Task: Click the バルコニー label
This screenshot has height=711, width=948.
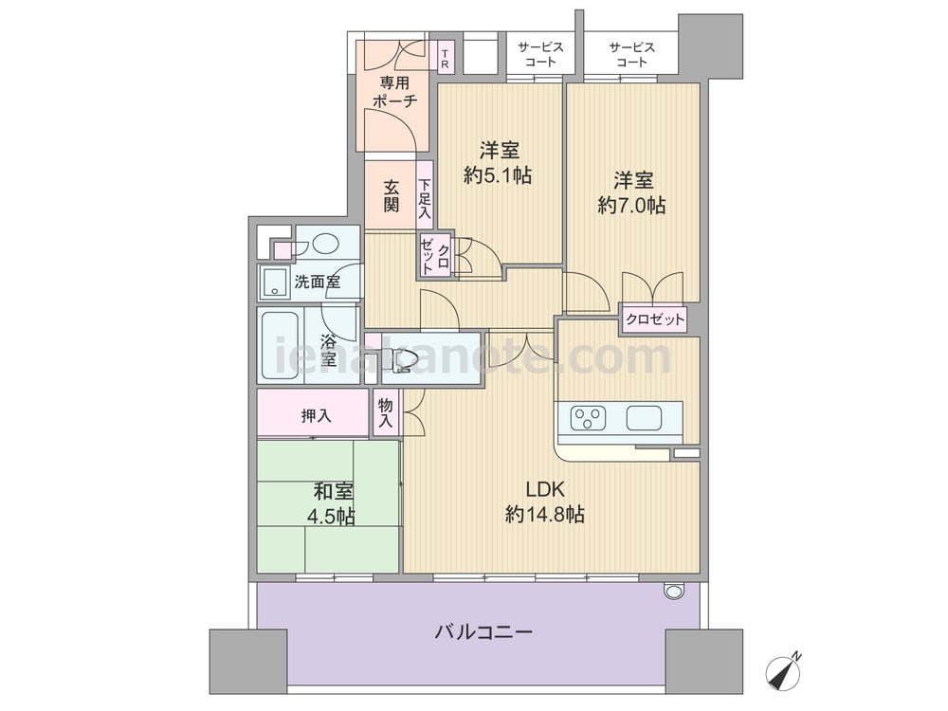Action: point(483,632)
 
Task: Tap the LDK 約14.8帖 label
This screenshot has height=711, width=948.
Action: point(545,501)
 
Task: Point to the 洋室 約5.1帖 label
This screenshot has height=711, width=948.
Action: point(499,162)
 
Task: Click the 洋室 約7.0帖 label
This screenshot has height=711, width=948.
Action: point(632,192)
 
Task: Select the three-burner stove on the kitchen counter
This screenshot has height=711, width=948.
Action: point(589,417)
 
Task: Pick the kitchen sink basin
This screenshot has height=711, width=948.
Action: point(645,417)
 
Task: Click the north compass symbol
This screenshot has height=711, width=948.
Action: point(784,670)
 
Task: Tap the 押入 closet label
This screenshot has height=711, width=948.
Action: point(317,415)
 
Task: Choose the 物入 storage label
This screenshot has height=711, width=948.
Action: point(385,413)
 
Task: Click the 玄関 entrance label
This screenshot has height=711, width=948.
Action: point(392,195)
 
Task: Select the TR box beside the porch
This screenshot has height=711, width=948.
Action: point(445,56)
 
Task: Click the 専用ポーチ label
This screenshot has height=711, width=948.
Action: point(394,92)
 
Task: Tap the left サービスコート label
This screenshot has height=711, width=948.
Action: point(540,54)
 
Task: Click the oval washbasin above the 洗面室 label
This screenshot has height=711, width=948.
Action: point(325,244)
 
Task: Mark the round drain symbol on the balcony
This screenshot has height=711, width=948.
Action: point(673,590)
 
